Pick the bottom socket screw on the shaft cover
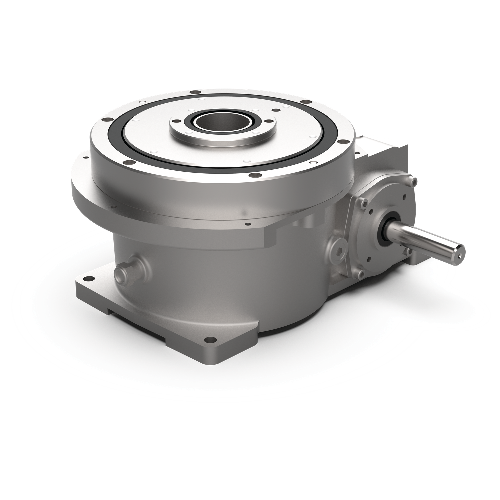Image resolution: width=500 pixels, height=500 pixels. tap(360, 274)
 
